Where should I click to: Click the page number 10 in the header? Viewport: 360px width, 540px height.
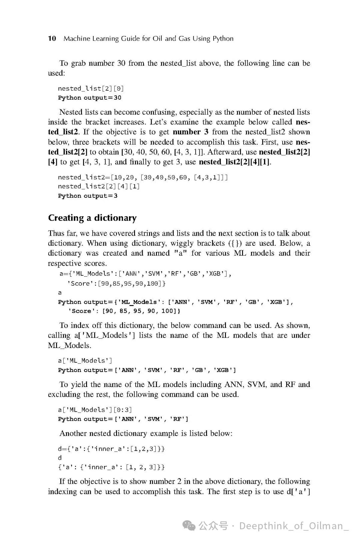tap(52, 38)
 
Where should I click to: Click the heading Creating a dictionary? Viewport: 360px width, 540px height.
tap(92, 218)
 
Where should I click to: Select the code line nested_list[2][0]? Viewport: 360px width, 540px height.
tap(91, 88)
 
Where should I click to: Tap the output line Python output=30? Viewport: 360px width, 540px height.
tap(90, 98)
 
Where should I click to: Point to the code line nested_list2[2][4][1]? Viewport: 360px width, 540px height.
tap(99, 186)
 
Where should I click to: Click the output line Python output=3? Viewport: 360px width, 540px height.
tap(88, 196)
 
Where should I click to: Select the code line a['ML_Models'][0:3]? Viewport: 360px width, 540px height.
tap(95, 410)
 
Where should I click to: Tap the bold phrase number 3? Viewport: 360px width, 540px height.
tap(190, 132)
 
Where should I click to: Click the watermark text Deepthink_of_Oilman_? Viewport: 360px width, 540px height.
tap(294, 526)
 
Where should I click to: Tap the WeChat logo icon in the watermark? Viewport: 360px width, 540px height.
tap(190, 526)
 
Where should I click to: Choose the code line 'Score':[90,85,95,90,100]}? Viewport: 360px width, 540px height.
tap(116, 283)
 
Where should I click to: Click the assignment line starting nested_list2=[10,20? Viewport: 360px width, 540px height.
tap(143, 177)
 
